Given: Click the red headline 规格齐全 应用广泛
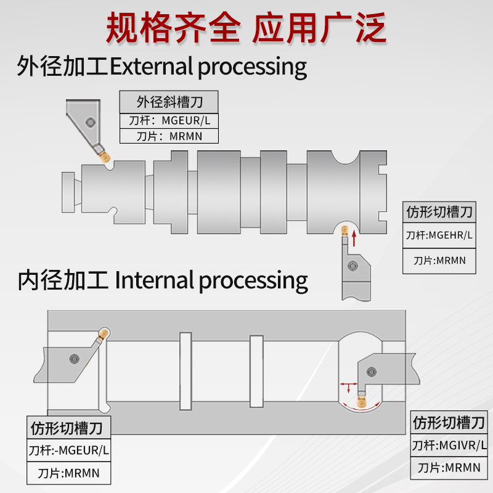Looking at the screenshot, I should point(246,28).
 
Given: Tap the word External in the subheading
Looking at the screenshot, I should point(151,66).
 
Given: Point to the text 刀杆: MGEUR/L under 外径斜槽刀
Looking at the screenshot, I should point(169,120).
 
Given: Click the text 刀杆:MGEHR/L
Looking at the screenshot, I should point(439,235).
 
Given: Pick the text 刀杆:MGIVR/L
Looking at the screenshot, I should point(449,445).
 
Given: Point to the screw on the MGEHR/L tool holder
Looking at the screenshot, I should point(352,266).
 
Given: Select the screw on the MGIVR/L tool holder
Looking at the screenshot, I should point(372,371).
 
